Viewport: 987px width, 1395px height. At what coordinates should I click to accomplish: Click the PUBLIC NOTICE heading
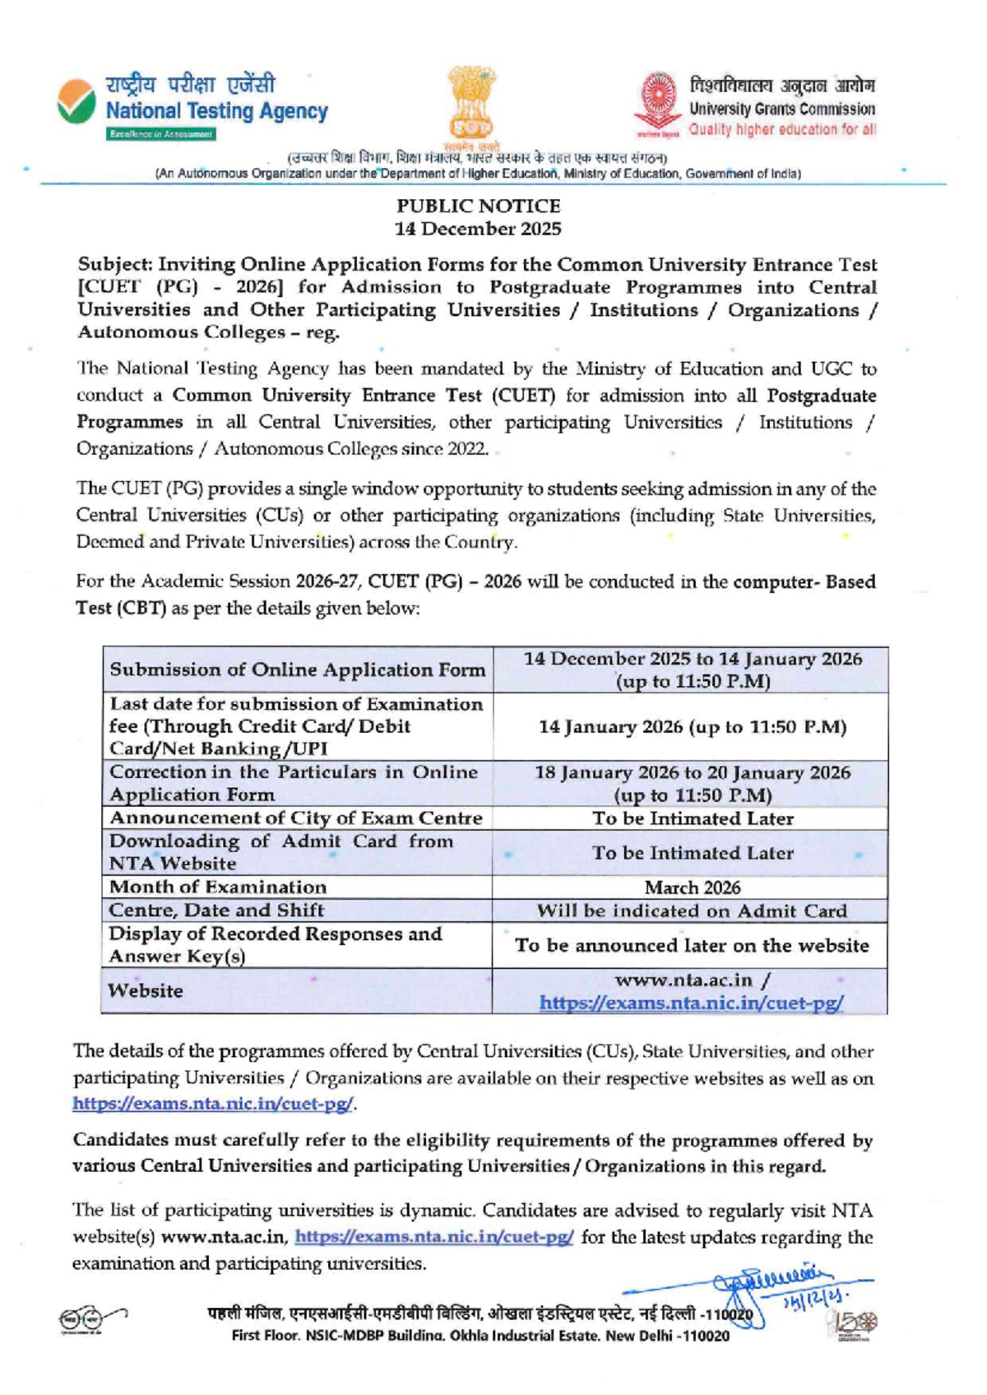(478, 206)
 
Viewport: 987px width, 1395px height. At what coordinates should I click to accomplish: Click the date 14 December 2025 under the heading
(478, 229)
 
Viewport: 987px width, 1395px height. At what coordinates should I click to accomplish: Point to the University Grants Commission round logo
(658, 103)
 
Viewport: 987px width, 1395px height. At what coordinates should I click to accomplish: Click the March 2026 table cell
(692, 888)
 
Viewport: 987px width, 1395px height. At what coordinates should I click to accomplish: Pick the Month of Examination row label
(218, 887)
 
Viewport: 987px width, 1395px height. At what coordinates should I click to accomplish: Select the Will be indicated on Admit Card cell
(692, 911)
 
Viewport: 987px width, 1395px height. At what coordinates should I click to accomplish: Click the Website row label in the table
(146, 990)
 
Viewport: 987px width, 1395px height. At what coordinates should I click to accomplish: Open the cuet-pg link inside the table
(692, 1003)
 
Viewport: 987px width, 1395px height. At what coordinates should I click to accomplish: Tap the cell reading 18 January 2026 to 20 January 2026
(692, 783)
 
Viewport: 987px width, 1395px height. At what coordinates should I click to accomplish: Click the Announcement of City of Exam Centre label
(295, 818)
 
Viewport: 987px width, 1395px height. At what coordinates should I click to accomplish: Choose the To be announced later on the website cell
(692, 945)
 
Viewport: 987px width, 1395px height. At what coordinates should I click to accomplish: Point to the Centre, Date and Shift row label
(216, 910)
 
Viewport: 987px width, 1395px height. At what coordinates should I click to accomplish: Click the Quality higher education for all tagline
(782, 129)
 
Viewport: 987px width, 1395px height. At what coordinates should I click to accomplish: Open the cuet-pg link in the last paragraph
(433, 1236)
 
